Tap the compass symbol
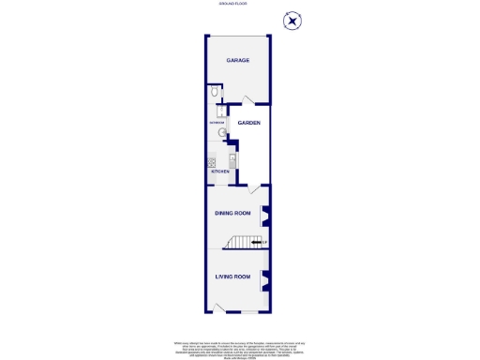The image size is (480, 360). click(x=293, y=21)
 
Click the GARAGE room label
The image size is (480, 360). click(x=237, y=60)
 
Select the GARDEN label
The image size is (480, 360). click(x=248, y=123)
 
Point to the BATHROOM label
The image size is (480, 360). click(x=215, y=123)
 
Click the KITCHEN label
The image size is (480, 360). click(x=220, y=172)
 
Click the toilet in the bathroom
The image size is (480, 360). click(x=215, y=92)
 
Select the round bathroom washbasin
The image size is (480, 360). click(x=211, y=133)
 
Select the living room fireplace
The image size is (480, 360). click(x=265, y=278)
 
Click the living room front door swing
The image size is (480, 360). click(x=217, y=307)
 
